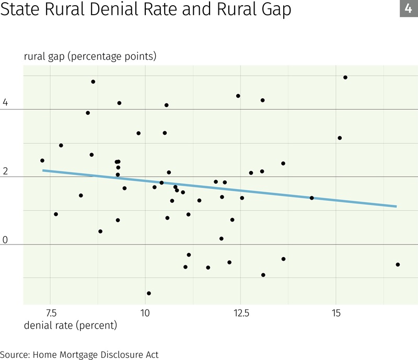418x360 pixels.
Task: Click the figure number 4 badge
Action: point(408,9)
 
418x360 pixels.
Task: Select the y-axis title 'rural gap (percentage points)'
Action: point(90,56)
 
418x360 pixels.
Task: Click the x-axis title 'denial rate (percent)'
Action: point(71,325)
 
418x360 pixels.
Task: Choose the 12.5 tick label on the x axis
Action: point(241,313)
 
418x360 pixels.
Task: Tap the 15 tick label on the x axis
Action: point(336,313)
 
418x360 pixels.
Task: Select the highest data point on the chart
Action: point(345,77)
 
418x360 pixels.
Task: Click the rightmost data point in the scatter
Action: point(398,264)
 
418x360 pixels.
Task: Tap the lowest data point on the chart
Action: point(149,293)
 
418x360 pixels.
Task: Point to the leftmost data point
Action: point(42,160)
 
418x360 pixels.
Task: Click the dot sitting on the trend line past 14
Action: point(312,198)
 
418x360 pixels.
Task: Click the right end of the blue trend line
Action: point(396,206)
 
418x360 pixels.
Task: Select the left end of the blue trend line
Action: point(43,170)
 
